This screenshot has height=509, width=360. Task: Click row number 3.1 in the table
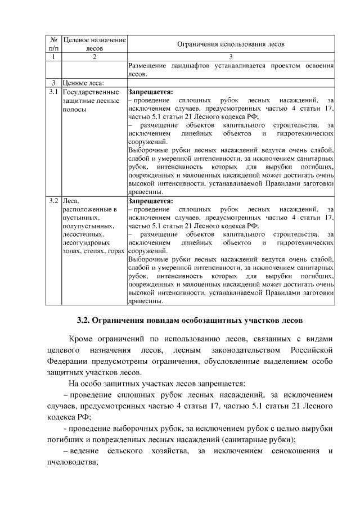(54, 92)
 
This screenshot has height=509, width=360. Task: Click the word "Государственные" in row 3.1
(91, 92)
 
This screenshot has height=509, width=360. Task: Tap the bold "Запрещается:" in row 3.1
(151, 91)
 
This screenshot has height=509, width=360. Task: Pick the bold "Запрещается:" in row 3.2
(151, 200)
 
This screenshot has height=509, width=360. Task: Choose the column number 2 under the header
(94, 57)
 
